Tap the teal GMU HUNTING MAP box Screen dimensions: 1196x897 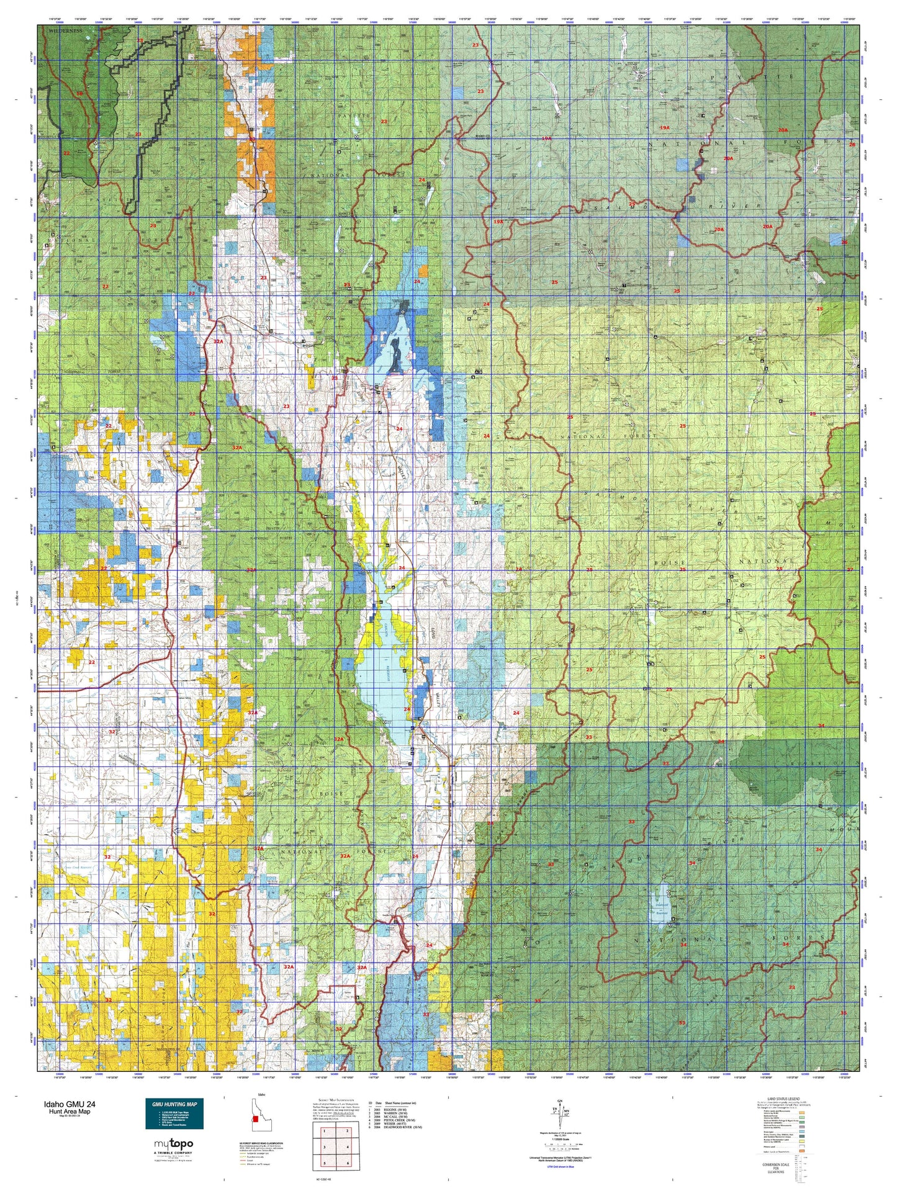[174, 1114]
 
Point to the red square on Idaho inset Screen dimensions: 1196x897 [255, 1119]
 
